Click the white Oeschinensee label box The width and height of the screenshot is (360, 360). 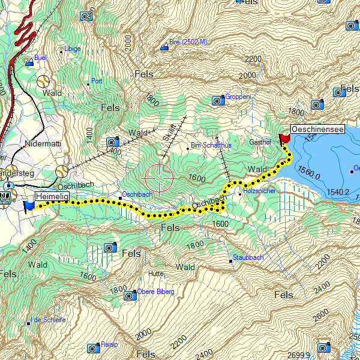coord(318,129)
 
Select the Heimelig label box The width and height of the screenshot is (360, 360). coord(52,196)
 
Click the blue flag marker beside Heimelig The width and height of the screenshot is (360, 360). coord(28,206)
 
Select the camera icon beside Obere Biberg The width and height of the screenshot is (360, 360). coord(130,295)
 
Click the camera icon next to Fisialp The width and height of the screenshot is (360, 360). coord(92,348)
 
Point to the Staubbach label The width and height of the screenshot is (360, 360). coord(248,257)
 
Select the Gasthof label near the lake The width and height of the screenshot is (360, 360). coord(261,142)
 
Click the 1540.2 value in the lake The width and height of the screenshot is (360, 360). coord(338,193)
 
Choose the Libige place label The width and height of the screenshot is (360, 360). coord(73,49)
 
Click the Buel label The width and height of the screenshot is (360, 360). coord(41,58)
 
